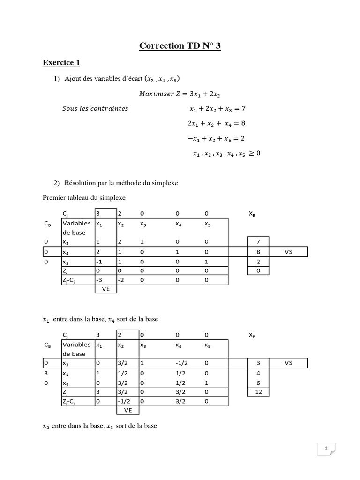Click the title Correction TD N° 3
(180, 45)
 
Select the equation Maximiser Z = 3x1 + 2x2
(180, 94)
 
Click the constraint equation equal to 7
(217, 109)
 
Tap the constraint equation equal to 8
(217, 124)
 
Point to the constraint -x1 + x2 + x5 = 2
(217, 139)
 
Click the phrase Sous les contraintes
(95, 109)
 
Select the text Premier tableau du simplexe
(84, 198)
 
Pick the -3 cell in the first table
(100, 280)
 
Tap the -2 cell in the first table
(121, 280)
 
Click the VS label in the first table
(288, 252)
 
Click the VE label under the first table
(105, 289)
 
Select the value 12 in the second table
(259, 392)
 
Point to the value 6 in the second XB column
(259, 382)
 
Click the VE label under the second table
(127, 410)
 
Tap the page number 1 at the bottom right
(326, 449)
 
